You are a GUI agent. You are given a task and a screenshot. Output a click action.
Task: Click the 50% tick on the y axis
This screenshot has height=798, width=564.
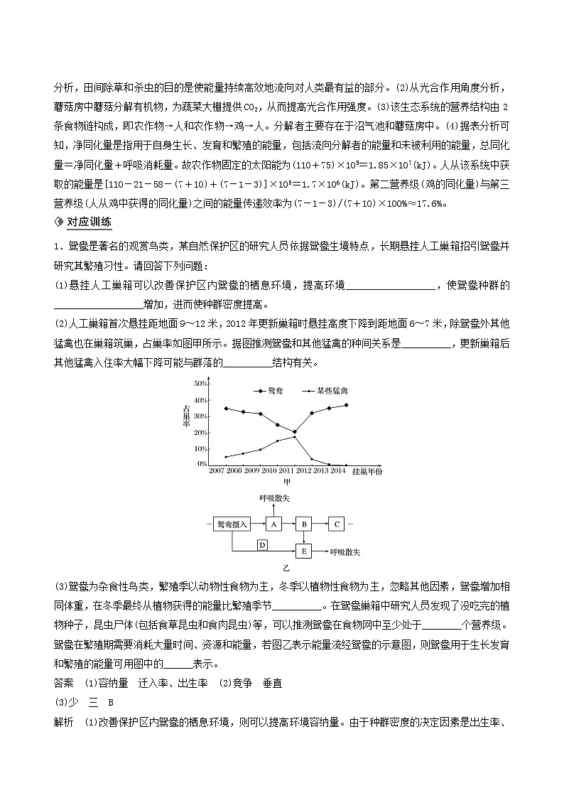200,383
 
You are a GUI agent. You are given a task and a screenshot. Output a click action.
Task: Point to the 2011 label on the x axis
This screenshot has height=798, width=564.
287,470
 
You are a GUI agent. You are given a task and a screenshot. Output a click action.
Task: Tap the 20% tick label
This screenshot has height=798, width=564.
200,433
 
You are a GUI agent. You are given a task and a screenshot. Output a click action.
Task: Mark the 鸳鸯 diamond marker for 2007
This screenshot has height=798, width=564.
226,408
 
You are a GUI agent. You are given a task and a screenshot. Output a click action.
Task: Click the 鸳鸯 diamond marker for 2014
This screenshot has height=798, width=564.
346,405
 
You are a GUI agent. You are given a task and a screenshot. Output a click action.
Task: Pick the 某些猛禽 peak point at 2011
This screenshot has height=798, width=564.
294,436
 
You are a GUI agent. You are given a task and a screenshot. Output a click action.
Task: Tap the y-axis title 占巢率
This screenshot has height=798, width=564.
186,416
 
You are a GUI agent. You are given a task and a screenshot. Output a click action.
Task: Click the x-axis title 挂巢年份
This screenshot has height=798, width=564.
367,470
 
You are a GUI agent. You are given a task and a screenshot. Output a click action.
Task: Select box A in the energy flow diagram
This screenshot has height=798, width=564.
274,524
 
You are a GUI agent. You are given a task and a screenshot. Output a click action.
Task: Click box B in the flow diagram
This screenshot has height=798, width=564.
304,524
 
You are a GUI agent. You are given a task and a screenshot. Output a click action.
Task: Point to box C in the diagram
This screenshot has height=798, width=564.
336,524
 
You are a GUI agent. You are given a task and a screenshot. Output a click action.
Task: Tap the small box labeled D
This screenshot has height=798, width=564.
261,544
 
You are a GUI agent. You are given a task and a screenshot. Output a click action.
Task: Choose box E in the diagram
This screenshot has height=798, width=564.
304,551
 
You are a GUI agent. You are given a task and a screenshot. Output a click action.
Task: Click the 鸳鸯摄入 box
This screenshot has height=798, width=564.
231,524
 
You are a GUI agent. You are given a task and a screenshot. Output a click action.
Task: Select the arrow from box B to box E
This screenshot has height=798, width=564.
304,538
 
